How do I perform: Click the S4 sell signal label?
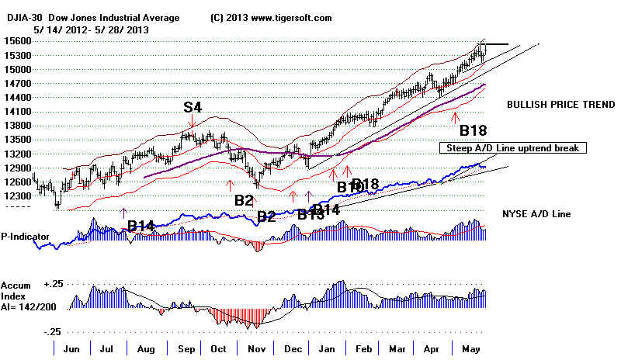193,107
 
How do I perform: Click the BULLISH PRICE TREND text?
559,104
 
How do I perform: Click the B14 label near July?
142,225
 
